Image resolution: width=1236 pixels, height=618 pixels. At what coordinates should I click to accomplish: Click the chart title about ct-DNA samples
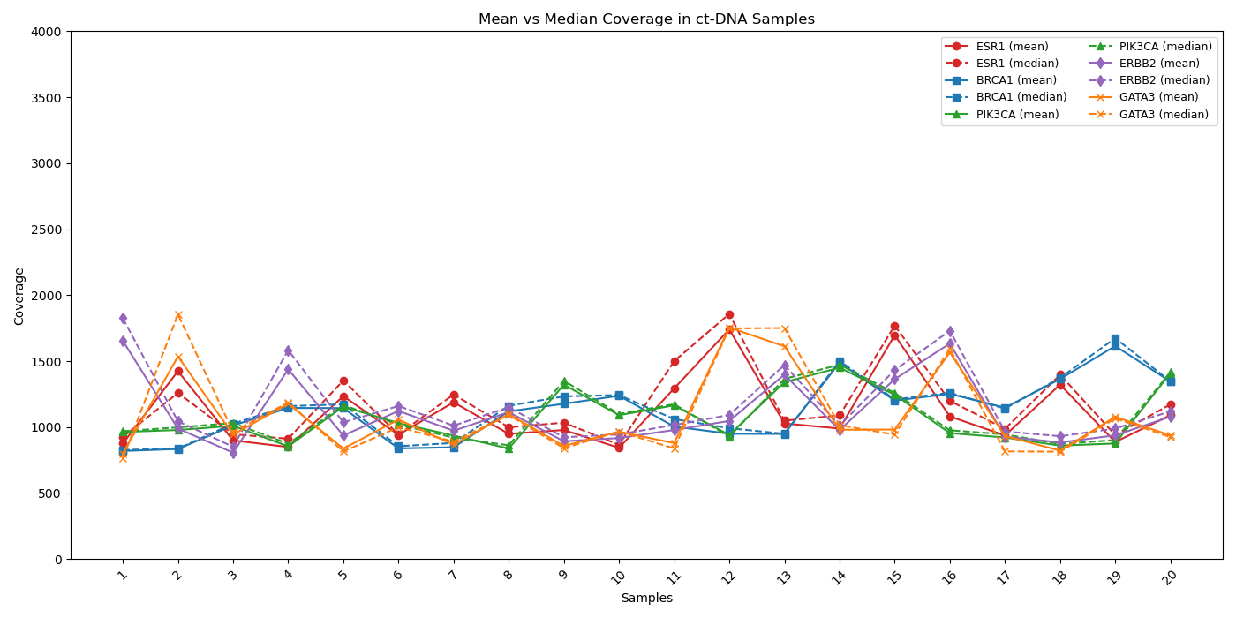[646, 19]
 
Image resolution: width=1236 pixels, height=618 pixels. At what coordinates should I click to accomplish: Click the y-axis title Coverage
[19, 296]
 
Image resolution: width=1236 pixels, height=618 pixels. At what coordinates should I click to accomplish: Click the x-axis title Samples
[646, 599]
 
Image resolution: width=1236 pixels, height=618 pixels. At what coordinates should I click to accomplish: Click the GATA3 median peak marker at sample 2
[178, 315]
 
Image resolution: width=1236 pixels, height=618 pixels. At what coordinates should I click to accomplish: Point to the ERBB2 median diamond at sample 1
[123, 318]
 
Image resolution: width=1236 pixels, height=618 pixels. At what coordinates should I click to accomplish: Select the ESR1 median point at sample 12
[729, 314]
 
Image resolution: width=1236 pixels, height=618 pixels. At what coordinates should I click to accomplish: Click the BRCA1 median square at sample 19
[1115, 339]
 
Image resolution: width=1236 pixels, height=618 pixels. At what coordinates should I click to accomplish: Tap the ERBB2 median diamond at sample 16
[950, 331]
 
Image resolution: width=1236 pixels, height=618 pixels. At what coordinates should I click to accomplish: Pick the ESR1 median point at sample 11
[675, 361]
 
